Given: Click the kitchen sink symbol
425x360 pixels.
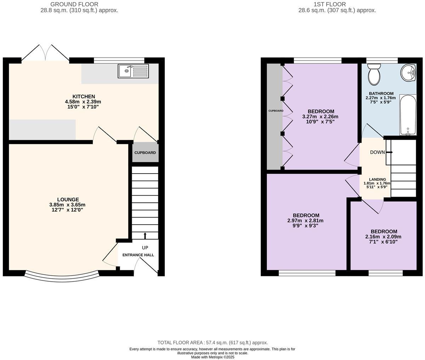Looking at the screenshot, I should pos(133,71).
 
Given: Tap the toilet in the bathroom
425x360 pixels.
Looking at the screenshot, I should pos(374,74).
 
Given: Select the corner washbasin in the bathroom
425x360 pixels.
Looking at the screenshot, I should pos(409,73).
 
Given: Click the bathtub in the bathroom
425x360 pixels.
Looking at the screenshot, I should pos(408,115).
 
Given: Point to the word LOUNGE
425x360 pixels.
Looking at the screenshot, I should pos(68,199).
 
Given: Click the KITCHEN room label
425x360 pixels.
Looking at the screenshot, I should pos(84,96).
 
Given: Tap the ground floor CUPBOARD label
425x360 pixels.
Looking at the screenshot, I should pos(145,153).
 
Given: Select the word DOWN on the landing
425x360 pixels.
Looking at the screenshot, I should pos(377,152).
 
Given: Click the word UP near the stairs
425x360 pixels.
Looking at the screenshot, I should pos(145,248).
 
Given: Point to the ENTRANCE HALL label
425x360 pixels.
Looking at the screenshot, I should pos(138,255).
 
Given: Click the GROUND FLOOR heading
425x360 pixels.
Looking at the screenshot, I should pos(74,4).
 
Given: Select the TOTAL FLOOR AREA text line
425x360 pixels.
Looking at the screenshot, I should pos(212,343).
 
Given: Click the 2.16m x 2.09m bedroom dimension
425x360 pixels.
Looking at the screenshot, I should pos(383,237).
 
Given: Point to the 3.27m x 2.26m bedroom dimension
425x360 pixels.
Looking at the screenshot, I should pos(320,117).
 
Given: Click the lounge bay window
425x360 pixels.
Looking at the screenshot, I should pos(62,277).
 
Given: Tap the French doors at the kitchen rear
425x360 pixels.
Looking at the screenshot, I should pos(45,53).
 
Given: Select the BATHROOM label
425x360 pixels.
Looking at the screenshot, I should pos(381,94).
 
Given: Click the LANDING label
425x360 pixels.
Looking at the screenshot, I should pos(377,179).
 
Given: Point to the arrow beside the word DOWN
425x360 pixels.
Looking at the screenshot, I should pos(389,152).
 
